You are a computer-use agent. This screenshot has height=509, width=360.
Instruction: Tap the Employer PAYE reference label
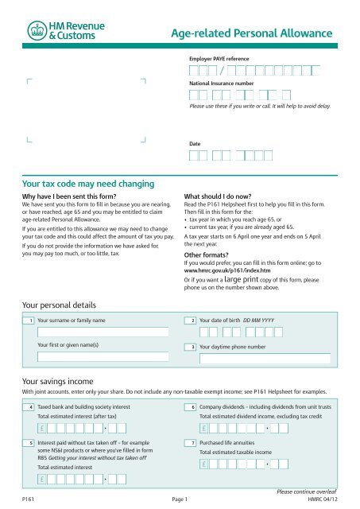pyautogui.click(x=221, y=60)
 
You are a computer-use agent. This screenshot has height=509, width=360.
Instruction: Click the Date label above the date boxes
pyautogui.click(x=194, y=144)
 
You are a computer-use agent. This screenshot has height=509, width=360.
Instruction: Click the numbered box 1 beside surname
pyautogui.click(x=29, y=321)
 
